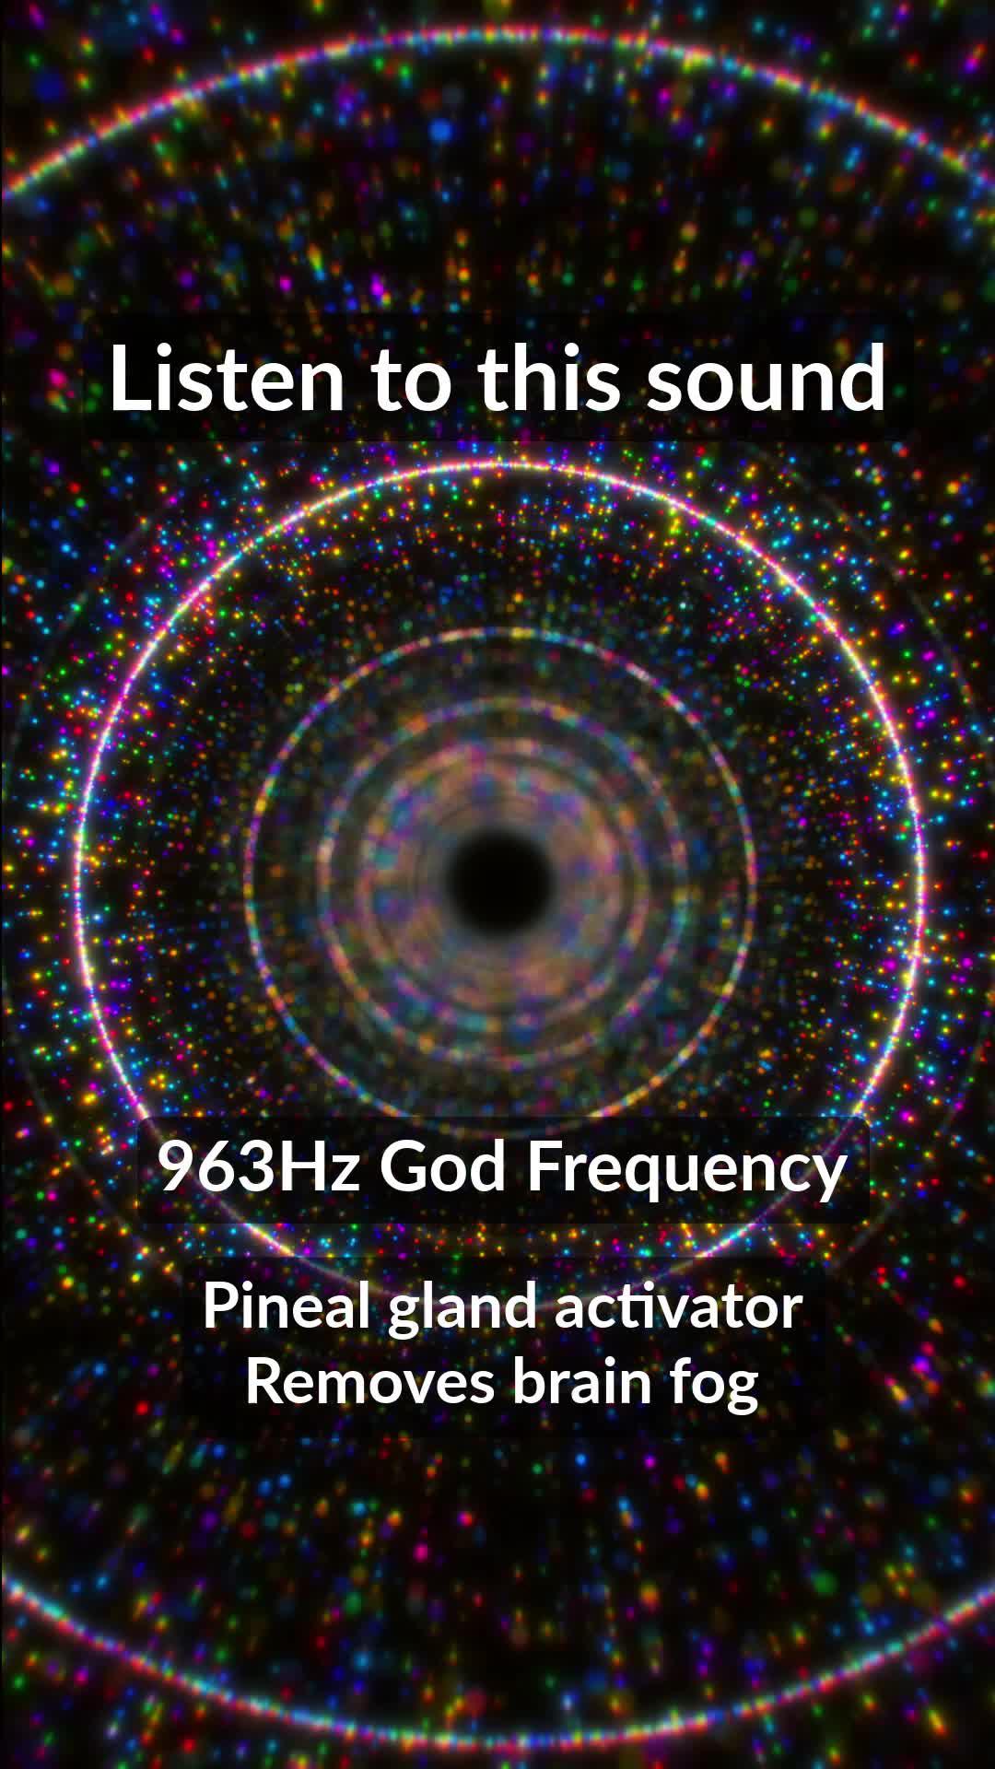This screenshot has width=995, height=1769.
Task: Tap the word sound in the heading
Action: point(766,378)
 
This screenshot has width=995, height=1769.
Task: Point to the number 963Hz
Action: point(259,1166)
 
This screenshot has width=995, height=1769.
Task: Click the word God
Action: point(443,1166)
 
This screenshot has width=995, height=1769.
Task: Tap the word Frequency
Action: point(686,1168)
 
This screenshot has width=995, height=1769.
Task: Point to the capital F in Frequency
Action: point(542,1166)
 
